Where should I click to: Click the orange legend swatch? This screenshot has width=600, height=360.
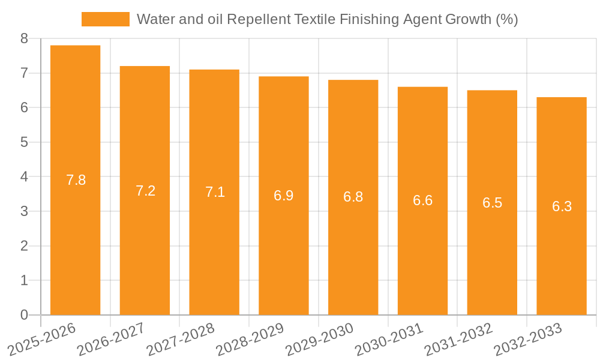click(x=105, y=19)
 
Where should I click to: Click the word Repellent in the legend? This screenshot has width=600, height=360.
click(x=262, y=19)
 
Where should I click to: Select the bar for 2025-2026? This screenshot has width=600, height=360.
click(x=75, y=180)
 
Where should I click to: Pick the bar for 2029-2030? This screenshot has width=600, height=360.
click(x=353, y=197)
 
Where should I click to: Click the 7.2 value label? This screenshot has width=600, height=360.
click(x=145, y=191)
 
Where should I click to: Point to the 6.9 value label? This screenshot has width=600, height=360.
click(x=284, y=196)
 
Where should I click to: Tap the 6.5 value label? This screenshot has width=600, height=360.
click(x=492, y=203)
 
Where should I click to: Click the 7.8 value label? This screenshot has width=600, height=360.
click(x=76, y=180)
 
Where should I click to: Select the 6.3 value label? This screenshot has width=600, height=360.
click(x=562, y=206)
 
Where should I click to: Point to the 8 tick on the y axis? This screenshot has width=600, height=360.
click(x=24, y=39)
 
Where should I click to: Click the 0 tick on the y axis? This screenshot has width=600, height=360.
click(x=24, y=315)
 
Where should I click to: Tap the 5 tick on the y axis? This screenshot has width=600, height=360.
click(x=24, y=142)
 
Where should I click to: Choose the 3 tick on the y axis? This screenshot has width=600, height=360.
click(x=24, y=212)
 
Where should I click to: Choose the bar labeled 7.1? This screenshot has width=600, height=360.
click(x=214, y=192)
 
